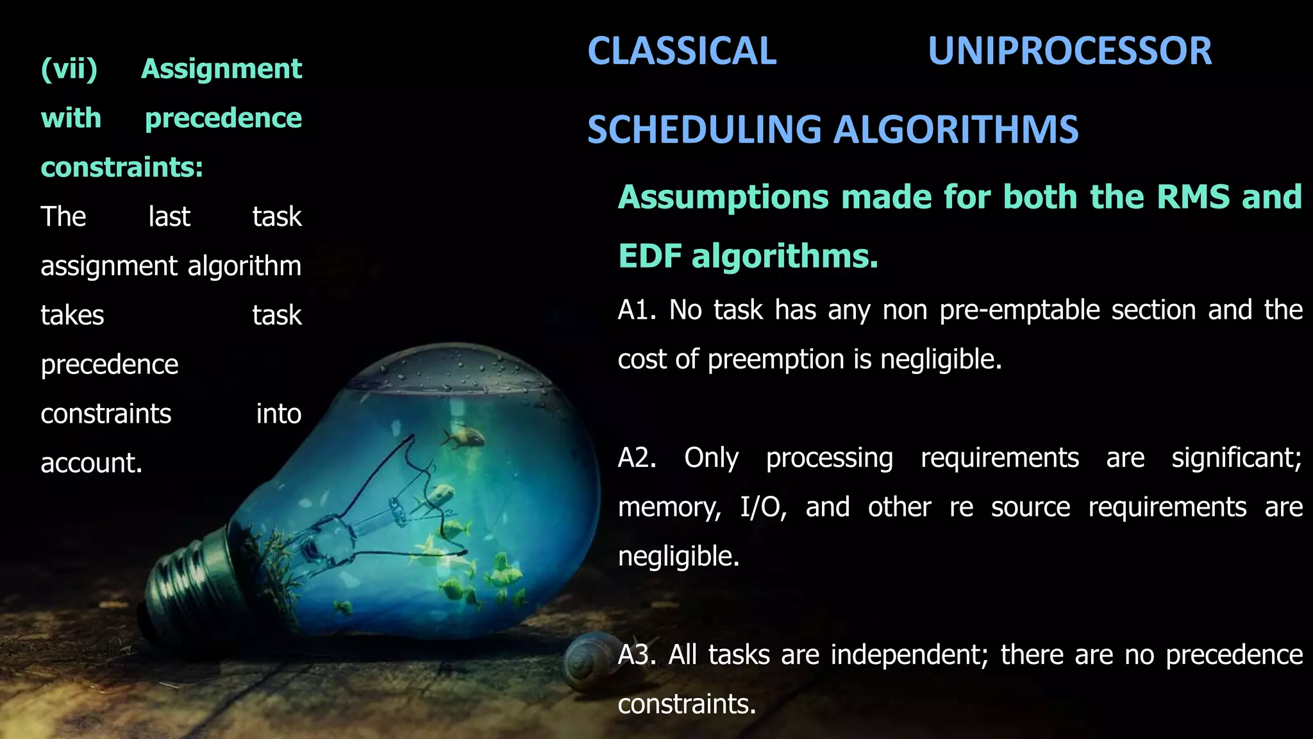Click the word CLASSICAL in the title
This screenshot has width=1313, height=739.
[682, 51]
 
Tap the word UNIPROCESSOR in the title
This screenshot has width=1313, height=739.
[1069, 51]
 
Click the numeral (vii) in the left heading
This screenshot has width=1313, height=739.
[69, 69]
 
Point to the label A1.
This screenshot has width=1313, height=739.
[636, 310]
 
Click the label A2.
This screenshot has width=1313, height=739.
[636, 458]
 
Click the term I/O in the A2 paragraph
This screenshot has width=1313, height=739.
[762, 507]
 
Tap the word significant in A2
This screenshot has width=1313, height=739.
[1235, 458]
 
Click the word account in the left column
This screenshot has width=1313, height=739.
[90, 463]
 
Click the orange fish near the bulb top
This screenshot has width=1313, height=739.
[463, 438]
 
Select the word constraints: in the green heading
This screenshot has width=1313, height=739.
[122, 167]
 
